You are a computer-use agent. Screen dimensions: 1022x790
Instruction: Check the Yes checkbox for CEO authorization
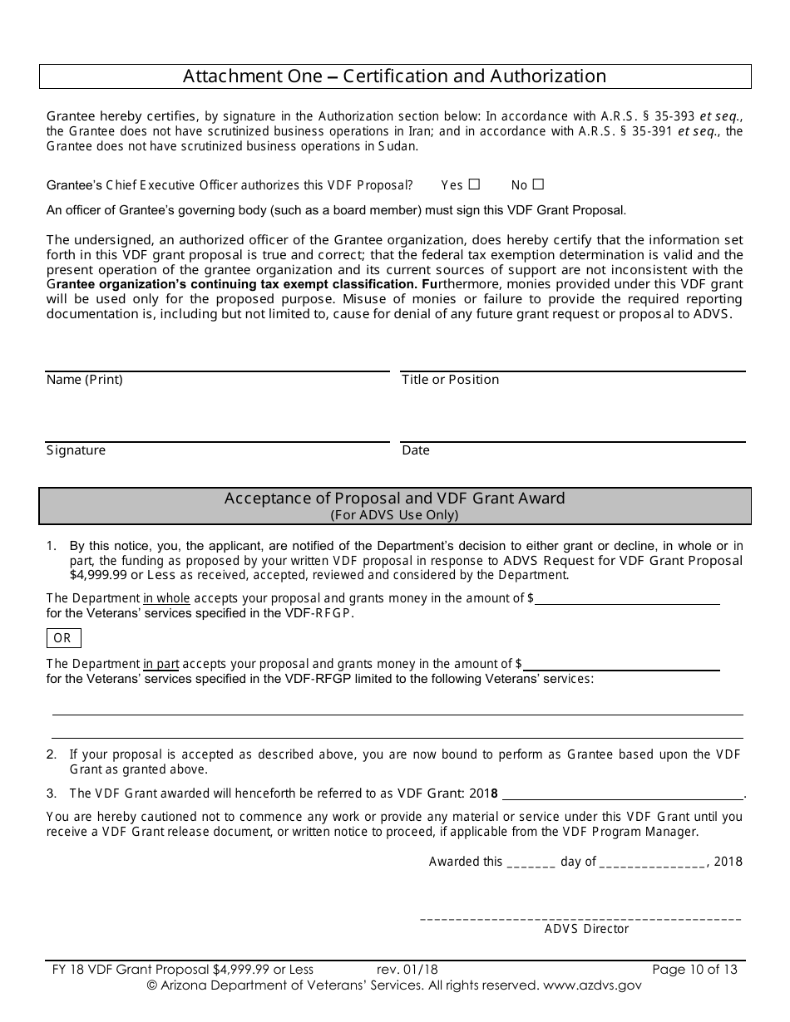point(474,184)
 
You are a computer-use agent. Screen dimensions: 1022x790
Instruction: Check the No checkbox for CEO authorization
point(538,184)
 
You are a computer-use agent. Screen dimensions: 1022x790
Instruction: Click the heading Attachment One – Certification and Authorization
point(394,76)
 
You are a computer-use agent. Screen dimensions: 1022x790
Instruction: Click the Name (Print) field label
point(84,380)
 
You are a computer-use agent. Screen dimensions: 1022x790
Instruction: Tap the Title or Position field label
point(450,380)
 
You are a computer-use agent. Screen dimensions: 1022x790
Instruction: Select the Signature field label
point(76,450)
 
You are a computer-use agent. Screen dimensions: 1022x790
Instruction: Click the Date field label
point(415,450)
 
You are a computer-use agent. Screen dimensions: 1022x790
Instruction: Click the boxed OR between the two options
point(63,638)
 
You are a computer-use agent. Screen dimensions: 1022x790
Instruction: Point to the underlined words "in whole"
point(166,598)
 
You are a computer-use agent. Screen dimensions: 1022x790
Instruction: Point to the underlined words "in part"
point(161,664)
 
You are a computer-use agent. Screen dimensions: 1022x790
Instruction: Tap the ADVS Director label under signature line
point(586,929)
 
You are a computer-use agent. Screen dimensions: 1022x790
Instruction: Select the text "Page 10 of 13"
point(694,969)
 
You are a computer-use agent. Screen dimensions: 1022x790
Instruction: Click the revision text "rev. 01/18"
point(407,969)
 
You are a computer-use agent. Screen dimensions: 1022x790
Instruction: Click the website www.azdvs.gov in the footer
point(590,985)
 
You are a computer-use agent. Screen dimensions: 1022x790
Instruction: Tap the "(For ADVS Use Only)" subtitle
point(394,514)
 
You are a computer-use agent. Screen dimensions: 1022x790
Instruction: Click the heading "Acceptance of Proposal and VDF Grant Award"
point(394,499)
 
